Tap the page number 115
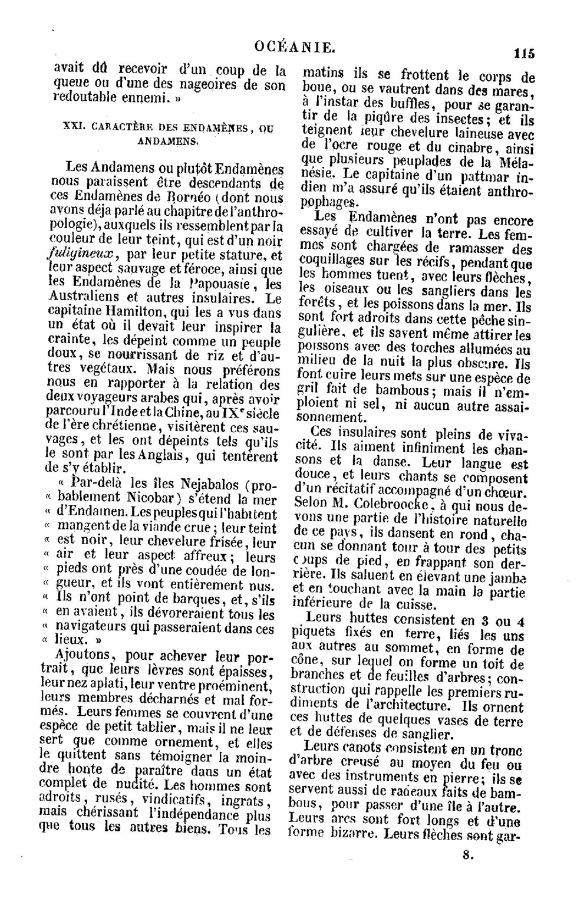[523, 54]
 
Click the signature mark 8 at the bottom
[467, 856]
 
